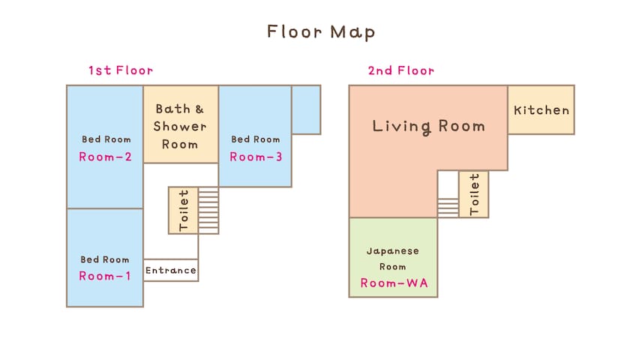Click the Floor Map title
[x=321, y=32]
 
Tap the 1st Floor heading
[x=121, y=70]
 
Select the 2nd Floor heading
[x=401, y=70]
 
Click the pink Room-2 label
[x=105, y=157]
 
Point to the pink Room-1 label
[x=105, y=276]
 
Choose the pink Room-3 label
[x=256, y=157]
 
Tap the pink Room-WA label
[x=394, y=283]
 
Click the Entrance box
[x=171, y=270]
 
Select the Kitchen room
[x=541, y=109]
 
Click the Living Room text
[x=429, y=126]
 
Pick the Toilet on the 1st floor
[x=183, y=210]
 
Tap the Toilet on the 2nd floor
[x=474, y=194]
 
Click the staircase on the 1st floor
[x=208, y=210]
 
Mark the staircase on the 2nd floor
[x=448, y=207]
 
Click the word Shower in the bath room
[x=179, y=126]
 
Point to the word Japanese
[x=393, y=251]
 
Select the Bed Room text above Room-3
[x=256, y=139]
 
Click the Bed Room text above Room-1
[x=105, y=259]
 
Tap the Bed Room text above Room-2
[x=106, y=139]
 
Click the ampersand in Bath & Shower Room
[x=199, y=109]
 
